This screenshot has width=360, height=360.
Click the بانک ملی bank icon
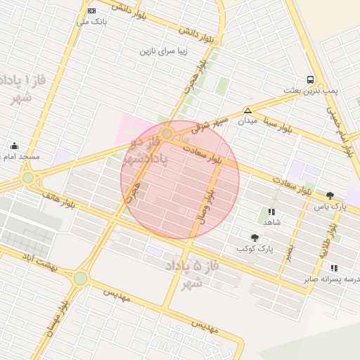point(91,11)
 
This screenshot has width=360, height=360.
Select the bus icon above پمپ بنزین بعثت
point(310,79)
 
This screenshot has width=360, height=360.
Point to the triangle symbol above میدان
point(247,110)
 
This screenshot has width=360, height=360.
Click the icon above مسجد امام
point(14,146)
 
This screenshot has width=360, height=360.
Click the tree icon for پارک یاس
point(330,195)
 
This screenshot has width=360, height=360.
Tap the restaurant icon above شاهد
point(271,211)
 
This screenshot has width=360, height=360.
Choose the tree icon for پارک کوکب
point(254,238)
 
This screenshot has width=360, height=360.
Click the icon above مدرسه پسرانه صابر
point(333,267)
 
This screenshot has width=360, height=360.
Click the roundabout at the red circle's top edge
point(167,133)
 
